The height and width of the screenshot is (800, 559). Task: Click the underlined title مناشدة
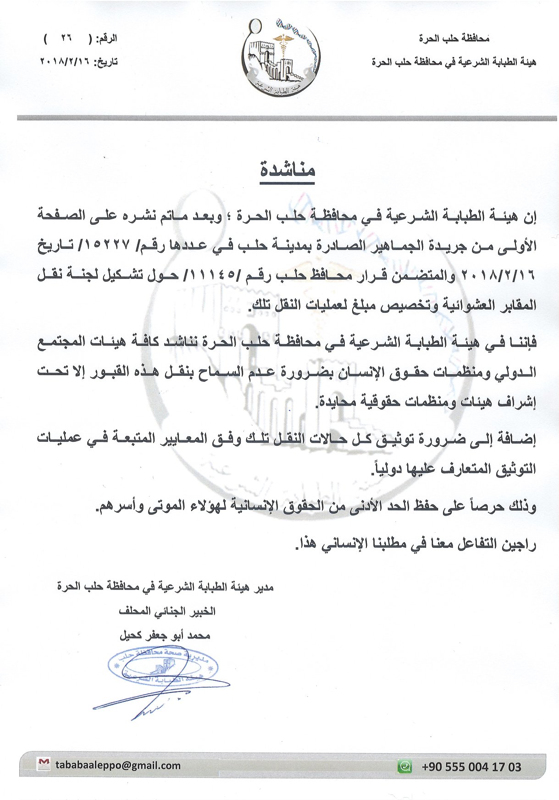pos(288,171)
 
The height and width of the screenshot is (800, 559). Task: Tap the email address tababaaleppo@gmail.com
pos(118,765)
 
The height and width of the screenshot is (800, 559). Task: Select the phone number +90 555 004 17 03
pos(471,767)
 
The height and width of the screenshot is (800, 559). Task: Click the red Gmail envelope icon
pos(44,764)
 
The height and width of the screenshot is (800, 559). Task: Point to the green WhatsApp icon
pos(404,766)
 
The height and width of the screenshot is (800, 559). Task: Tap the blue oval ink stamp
pos(163,667)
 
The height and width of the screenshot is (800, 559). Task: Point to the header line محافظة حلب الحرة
pos(454,39)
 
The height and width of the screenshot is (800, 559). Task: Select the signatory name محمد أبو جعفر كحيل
pos(165,636)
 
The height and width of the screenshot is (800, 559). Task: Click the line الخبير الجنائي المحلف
pos(167,611)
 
